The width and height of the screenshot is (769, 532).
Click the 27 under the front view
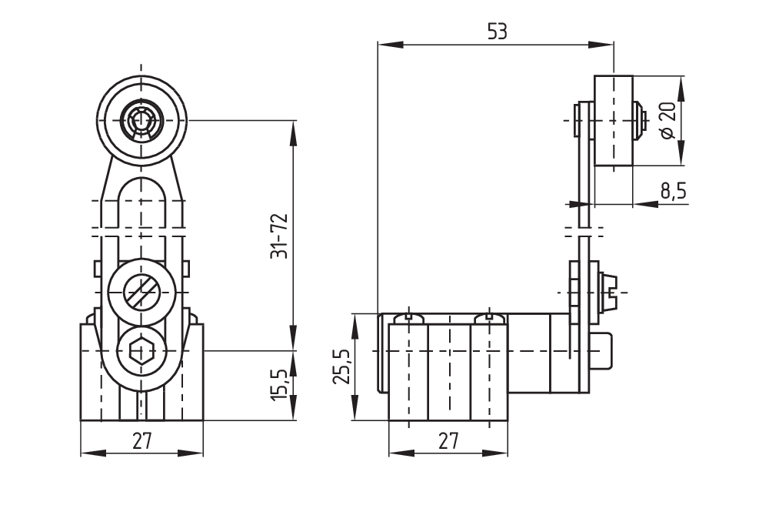142,441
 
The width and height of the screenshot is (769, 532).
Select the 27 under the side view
448,441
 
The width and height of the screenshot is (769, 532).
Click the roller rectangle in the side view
614,120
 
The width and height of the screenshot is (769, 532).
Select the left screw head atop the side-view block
408,316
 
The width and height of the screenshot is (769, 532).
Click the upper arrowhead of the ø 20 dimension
683,82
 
